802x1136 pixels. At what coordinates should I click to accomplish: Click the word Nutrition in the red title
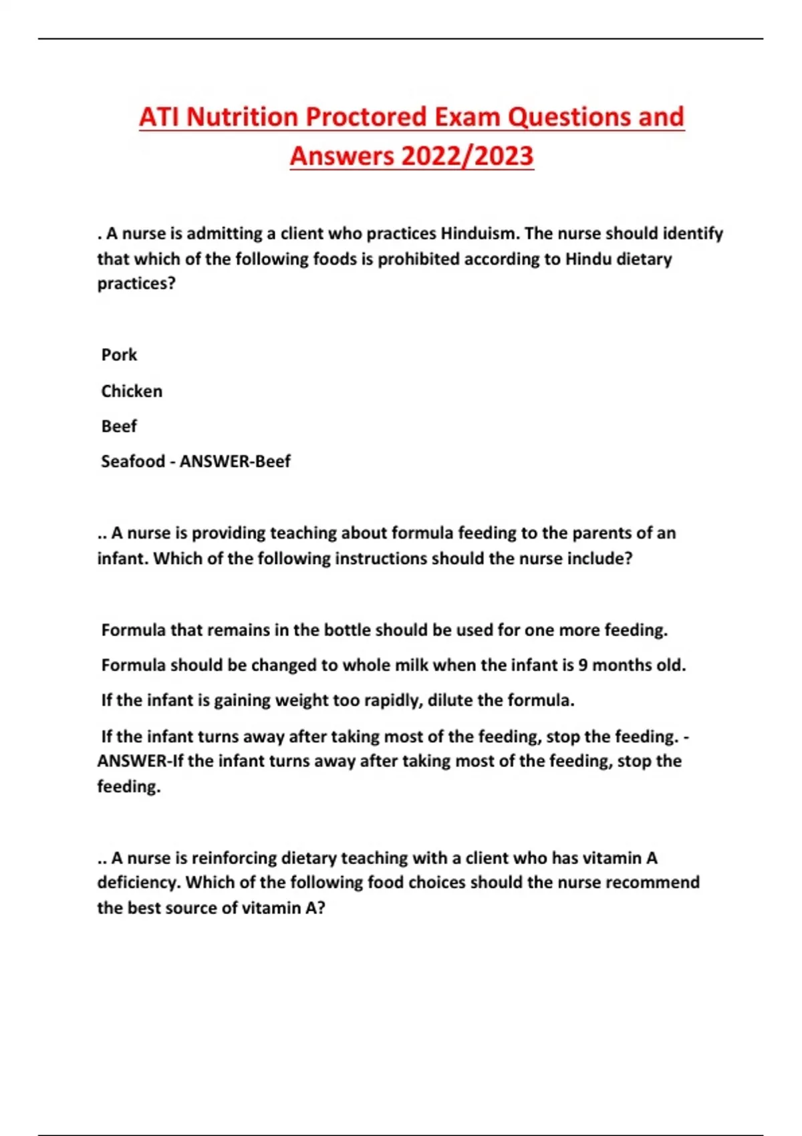[x=242, y=117]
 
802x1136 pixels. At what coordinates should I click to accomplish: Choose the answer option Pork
[x=119, y=355]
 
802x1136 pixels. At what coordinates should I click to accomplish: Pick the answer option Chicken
[x=132, y=391]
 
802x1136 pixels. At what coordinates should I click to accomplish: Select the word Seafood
[x=133, y=461]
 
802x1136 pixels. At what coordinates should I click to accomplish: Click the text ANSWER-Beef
[x=235, y=461]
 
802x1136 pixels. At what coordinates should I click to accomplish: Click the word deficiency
[x=138, y=883]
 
